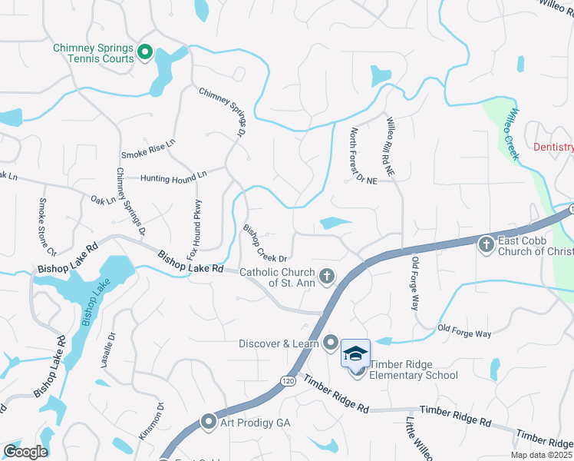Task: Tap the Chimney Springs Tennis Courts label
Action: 94,53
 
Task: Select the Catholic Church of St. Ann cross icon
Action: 327,275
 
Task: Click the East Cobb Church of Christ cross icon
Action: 485,245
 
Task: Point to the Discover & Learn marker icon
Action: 332,343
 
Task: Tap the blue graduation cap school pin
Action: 356,353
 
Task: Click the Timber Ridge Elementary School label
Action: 414,370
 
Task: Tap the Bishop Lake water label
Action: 90,305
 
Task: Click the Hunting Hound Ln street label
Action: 173,177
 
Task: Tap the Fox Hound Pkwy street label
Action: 198,223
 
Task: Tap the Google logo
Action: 25,452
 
